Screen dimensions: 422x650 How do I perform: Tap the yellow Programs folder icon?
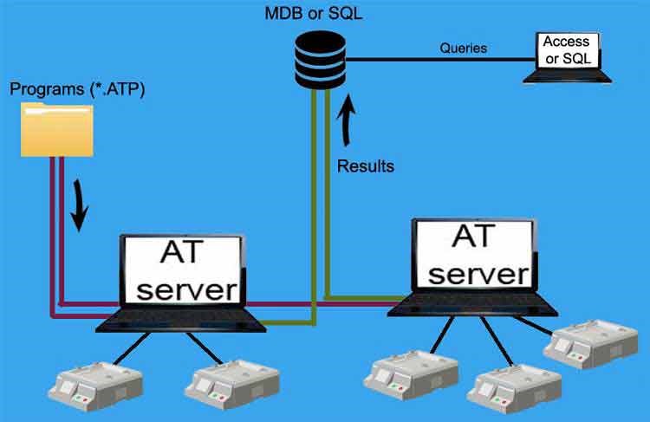(57, 130)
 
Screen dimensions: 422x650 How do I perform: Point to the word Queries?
(464, 49)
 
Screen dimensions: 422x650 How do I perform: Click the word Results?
(366, 165)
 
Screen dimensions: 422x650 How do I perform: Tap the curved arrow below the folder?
(79, 205)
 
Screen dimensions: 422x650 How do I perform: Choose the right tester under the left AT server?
(232, 381)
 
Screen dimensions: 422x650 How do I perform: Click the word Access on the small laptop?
(566, 41)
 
